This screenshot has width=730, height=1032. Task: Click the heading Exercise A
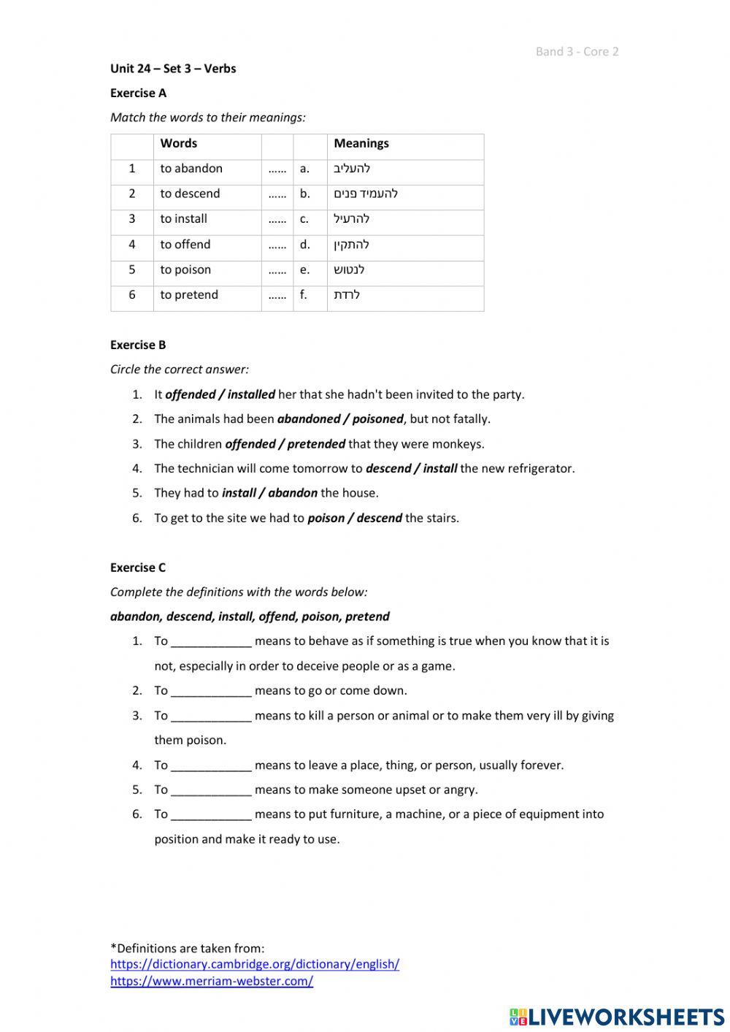(x=138, y=93)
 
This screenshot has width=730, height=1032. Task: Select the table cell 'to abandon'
(x=191, y=169)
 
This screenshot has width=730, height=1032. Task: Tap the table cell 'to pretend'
(x=189, y=295)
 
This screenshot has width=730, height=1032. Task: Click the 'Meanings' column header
(x=361, y=144)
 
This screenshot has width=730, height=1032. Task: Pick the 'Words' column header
(x=179, y=144)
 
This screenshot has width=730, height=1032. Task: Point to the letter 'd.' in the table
(x=304, y=245)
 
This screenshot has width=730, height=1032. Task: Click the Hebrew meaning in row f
(x=347, y=295)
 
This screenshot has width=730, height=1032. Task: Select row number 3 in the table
(x=132, y=219)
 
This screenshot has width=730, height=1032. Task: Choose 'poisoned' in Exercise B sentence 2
(x=377, y=419)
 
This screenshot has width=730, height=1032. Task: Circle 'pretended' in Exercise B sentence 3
(x=316, y=444)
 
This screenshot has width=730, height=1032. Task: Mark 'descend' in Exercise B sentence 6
(x=380, y=519)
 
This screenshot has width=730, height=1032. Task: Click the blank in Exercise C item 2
(x=211, y=691)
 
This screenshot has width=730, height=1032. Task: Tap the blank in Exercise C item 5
(x=211, y=790)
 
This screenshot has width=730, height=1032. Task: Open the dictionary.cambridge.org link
(x=255, y=964)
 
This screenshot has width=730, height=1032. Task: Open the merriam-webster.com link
(x=212, y=982)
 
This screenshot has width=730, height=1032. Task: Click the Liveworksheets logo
(x=617, y=1017)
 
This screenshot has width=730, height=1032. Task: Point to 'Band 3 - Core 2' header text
(x=577, y=52)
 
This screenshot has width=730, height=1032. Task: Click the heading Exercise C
(x=138, y=567)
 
